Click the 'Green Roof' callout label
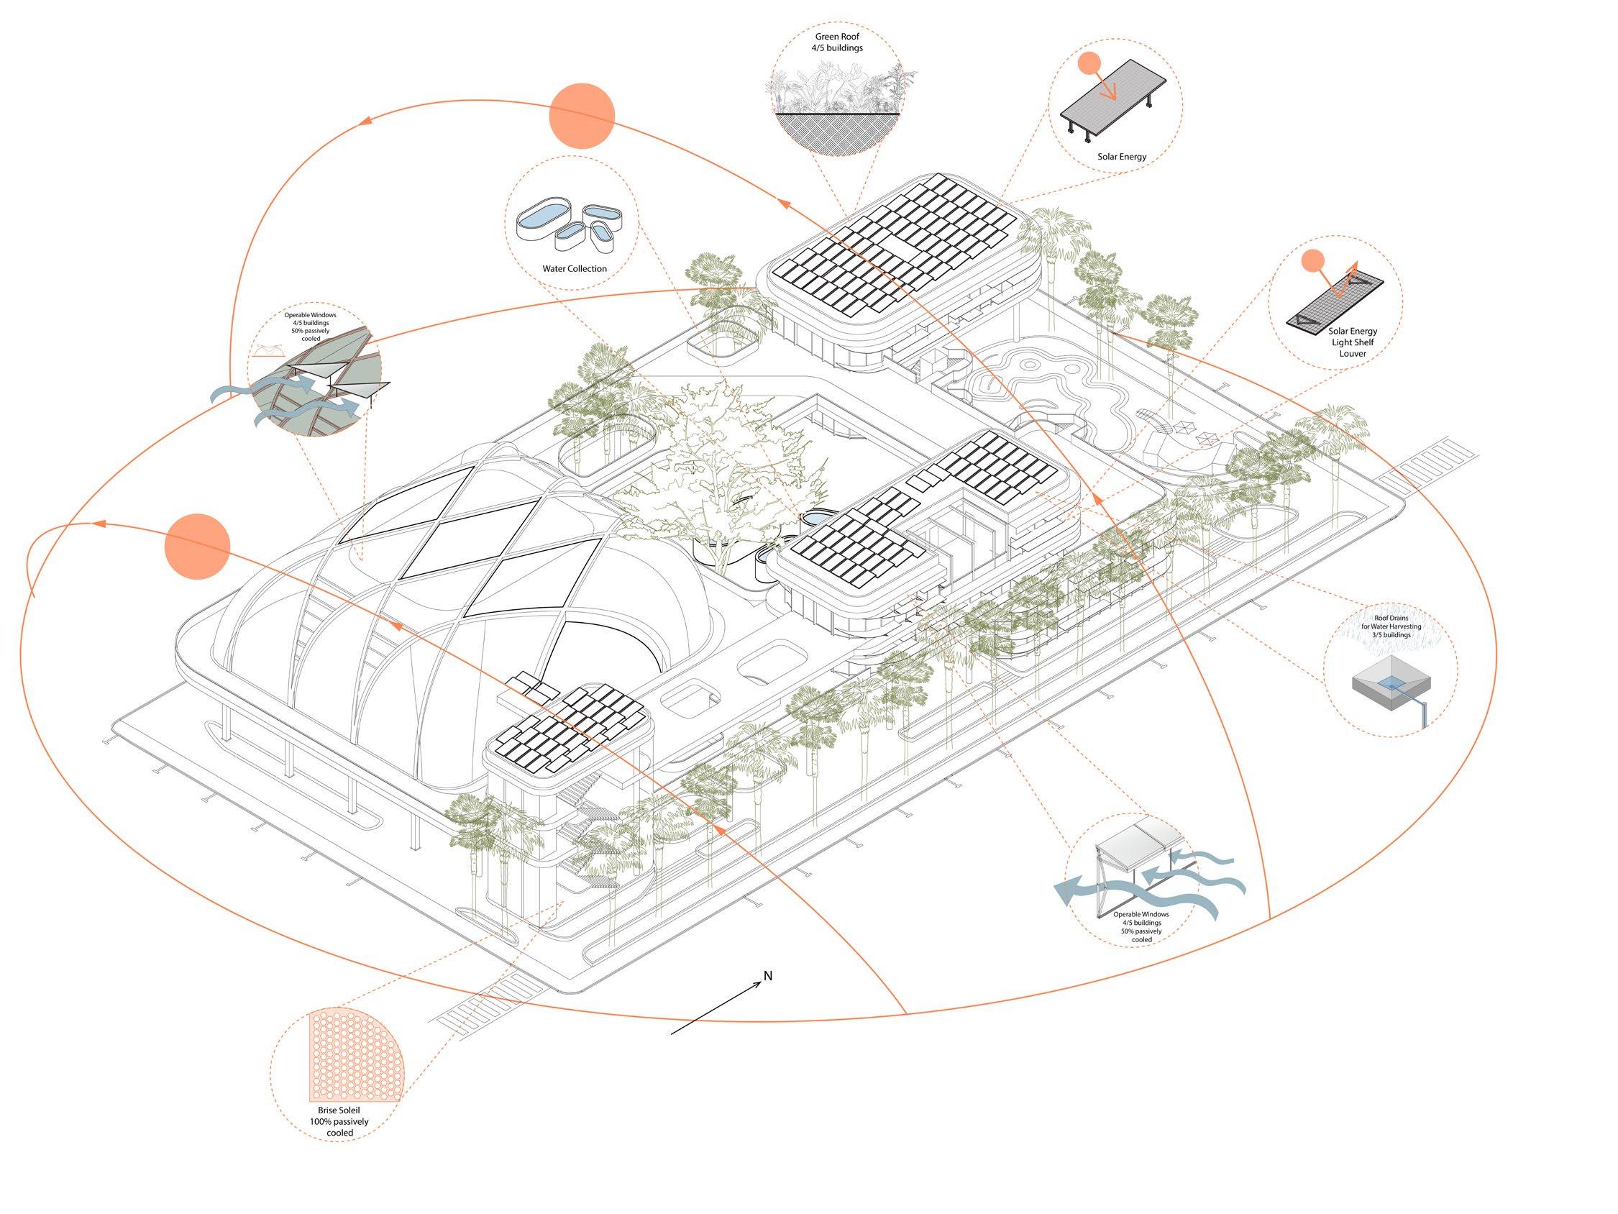[x=838, y=42]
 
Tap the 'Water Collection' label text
[x=574, y=268]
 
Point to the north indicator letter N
[x=768, y=975]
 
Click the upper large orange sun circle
[x=582, y=116]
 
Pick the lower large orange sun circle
[x=197, y=547]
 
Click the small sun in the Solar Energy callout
[x=1089, y=64]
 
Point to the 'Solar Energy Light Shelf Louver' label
[x=1353, y=342]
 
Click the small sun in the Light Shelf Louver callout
[x=1313, y=260]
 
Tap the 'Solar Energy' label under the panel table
[x=1121, y=157]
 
